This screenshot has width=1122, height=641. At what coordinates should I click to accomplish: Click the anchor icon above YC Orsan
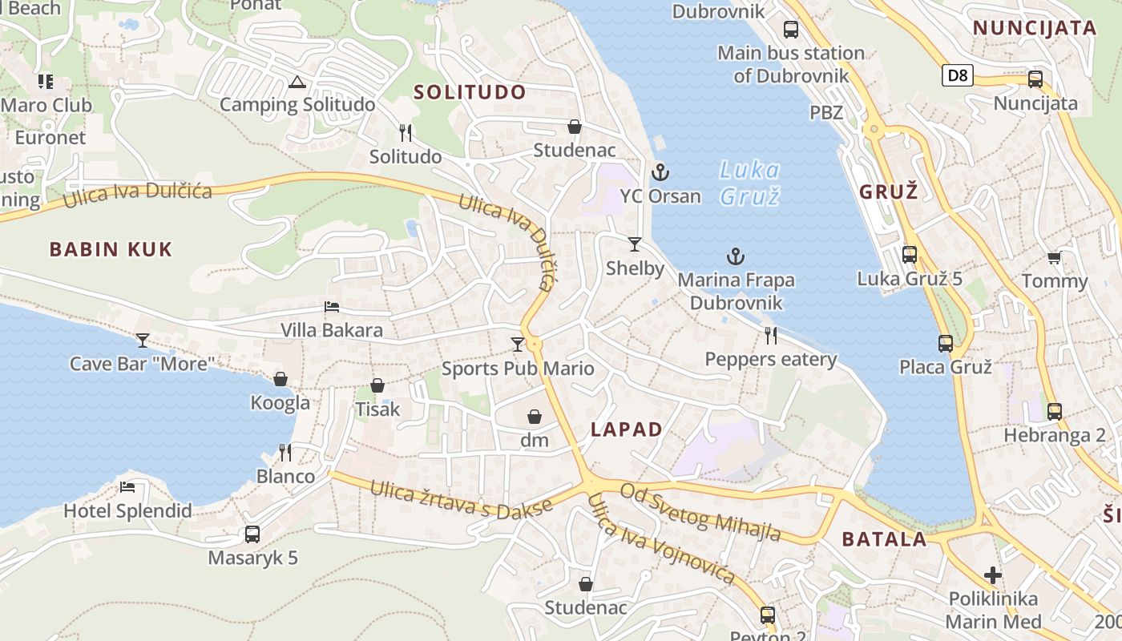point(660,172)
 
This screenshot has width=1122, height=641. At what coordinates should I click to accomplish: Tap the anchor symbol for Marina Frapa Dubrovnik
point(735,256)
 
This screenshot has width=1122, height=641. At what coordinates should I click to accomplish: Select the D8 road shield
point(957,76)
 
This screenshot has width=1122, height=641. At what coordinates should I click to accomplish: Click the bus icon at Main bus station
point(791,30)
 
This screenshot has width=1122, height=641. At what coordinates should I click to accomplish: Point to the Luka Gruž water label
point(749,183)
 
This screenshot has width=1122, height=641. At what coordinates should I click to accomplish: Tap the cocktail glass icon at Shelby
point(635,244)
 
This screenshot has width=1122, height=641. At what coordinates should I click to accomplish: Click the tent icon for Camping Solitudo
point(297,82)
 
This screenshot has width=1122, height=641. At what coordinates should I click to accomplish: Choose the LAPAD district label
point(627,429)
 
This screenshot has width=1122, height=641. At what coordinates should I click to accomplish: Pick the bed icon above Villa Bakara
point(332,307)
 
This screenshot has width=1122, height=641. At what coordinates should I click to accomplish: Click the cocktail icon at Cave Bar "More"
point(143,341)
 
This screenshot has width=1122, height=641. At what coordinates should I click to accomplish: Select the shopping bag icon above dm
point(535,417)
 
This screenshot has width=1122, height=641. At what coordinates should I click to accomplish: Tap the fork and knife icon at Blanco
point(285,453)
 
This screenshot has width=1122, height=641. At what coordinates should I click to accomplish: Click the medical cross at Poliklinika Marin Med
point(993,574)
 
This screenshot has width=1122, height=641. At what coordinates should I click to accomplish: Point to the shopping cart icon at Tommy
point(1054,257)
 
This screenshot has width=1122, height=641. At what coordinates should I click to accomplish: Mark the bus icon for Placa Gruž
point(946,344)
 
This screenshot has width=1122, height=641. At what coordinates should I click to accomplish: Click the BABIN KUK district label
point(111,249)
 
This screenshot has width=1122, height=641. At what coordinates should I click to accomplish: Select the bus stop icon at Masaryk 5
point(252,534)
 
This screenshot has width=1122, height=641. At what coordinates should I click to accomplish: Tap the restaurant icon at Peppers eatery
point(771,335)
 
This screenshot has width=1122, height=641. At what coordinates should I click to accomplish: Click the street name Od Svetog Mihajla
point(700,513)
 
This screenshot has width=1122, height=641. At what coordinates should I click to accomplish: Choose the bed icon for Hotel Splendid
point(127,487)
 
